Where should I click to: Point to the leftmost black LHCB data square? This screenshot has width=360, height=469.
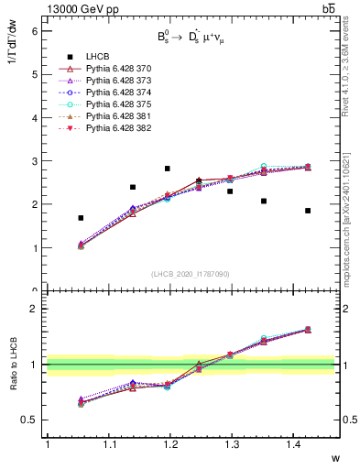point(81,218)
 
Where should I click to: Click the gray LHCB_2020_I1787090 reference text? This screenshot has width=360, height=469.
point(190,274)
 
